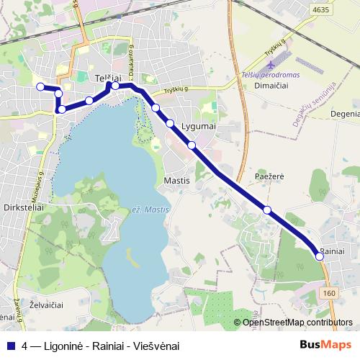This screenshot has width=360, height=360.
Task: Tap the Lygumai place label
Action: tap(200, 126)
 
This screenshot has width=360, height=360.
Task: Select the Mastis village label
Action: tap(177, 180)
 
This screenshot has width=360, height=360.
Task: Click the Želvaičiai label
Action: tap(47, 305)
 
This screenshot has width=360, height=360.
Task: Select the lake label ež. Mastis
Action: tap(150, 210)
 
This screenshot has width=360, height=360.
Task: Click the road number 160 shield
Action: tap(329, 293)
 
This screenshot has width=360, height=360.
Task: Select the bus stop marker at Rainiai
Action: tap(320, 256)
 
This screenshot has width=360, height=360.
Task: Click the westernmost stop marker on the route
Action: tap(40, 87)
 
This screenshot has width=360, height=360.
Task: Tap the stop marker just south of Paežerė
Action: tap(267, 210)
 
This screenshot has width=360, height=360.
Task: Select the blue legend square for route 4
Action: tap(11, 346)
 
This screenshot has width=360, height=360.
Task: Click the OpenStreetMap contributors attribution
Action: tap(297, 322)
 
